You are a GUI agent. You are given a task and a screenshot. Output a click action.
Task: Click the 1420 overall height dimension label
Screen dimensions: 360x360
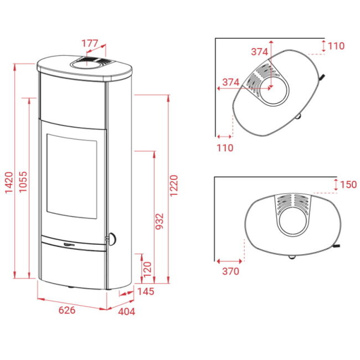tap(9, 183)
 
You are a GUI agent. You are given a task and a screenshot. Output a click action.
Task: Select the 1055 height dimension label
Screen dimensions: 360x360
tap(23, 182)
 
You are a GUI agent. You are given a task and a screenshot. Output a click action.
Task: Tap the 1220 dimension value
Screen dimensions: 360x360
tap(174, 186)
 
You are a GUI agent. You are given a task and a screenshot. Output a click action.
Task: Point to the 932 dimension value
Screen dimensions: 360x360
tap(160, 221)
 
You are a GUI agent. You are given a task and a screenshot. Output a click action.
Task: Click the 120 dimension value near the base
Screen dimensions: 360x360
tap(147, 269)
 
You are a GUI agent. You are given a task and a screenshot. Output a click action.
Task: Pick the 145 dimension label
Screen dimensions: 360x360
tap(146, 291)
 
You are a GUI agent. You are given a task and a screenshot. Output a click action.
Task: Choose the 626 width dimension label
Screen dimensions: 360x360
tap(67, 310)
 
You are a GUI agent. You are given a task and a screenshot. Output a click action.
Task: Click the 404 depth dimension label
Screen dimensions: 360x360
tap(126, 312)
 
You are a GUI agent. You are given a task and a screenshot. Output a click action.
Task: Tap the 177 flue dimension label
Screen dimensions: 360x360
tap(90, 43)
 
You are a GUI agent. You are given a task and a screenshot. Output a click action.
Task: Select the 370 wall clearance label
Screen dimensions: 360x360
tap(230, 271)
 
